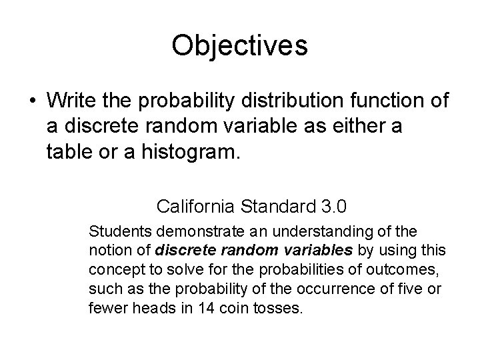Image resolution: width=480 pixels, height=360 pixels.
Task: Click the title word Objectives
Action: (x=239, y=46)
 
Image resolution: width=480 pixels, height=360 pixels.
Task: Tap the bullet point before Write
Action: (x=33, y=101)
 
